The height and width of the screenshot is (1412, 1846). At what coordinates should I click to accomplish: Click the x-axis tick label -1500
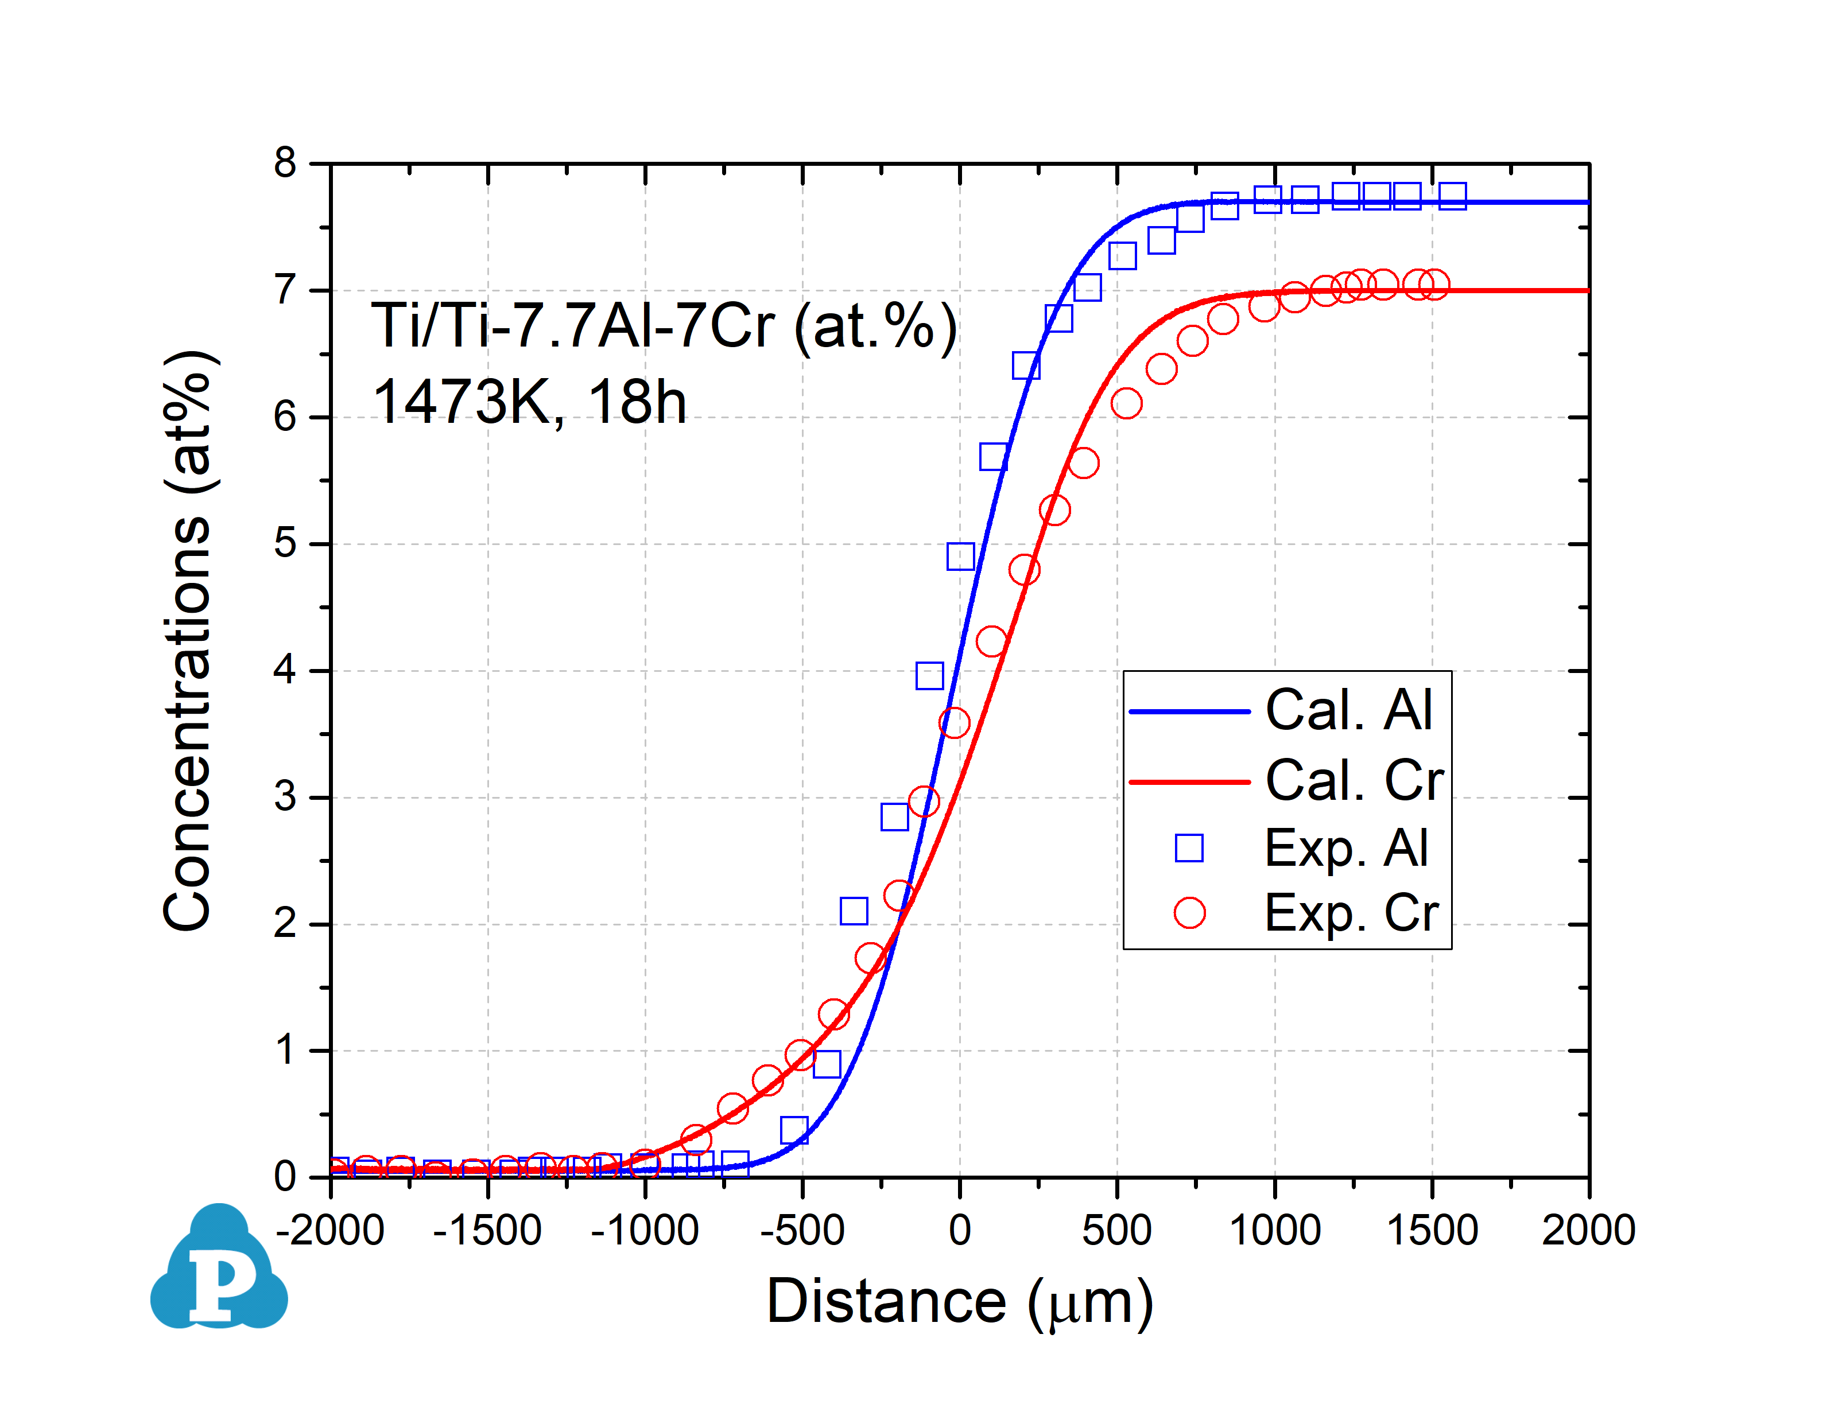coord(487,1231)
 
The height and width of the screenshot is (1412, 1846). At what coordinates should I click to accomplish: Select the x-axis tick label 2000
coord(1588,1231)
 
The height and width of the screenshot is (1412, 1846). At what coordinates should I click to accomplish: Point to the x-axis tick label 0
coord(959,1231)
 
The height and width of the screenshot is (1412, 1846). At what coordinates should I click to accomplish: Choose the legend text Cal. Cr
coord(1354,781)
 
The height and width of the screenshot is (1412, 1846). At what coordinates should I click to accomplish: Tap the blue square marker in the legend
coord(1189,848)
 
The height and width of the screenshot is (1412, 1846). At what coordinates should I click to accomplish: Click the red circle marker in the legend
coord(1189,913)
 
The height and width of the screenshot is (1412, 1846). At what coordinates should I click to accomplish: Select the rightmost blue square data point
coord(1452,196)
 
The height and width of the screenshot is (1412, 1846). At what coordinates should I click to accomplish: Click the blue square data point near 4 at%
coord(929,676)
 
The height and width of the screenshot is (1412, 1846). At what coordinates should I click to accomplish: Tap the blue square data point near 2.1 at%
coord(853,911)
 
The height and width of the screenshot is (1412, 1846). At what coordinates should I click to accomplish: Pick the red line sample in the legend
coord(1189,781)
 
